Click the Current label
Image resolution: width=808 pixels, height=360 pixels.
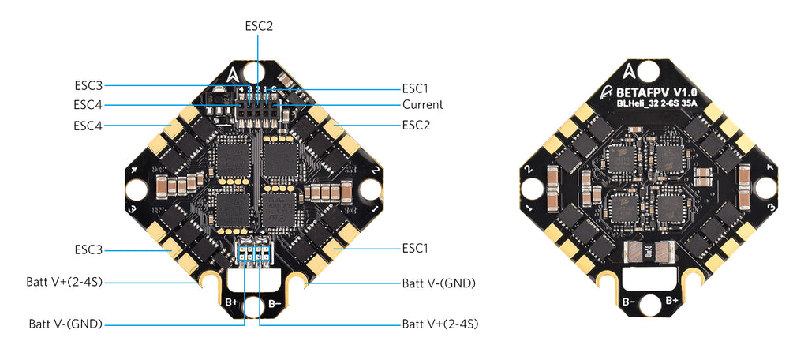pyautogui.click(x=422, y=104)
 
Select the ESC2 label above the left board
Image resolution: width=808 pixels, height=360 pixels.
pyautogui.click(x=259, y=25)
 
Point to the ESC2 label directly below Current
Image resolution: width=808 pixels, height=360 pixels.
pyautogui.click(x=415, y=125)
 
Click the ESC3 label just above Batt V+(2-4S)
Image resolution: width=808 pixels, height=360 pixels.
pyautogui.click(x=88, y=249)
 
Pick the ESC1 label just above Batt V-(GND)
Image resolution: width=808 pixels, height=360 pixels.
pyautogui.click(x=415, y=248)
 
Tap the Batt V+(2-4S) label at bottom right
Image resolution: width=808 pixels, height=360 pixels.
pyautogui.click(x=440, y=324)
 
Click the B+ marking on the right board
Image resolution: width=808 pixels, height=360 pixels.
pyautogui.click(x=671, y=301)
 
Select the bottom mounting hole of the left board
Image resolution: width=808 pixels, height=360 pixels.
pyautogui.click(x=252, y=307)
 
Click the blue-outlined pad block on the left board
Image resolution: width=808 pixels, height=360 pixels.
pyautogui.click(x=252, y=254)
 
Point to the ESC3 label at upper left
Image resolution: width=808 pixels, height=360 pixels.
pyautogui.click(x=88, y=84)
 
